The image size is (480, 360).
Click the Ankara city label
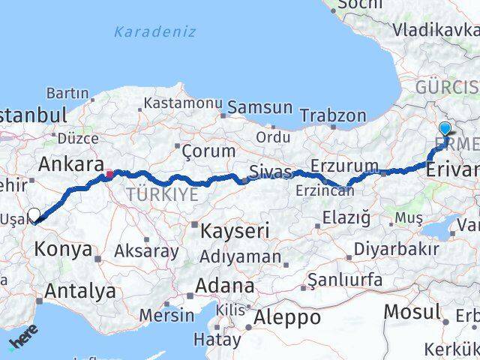point(70,163)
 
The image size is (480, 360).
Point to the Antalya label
point(80,291)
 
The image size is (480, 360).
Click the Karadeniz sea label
point(154,31)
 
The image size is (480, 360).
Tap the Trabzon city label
point(333,115)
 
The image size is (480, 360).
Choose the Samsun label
point(259,107)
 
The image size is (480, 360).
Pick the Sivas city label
point(271,172)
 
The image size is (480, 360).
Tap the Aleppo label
point(286,317)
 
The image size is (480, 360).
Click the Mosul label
point(412,311)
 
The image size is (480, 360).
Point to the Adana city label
point(225,285)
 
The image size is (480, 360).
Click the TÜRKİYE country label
point(162,195)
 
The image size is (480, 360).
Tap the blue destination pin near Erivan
point(445,129)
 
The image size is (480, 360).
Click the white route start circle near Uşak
point(34,214)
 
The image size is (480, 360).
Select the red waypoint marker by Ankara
point(110,174)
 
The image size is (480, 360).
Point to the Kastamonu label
point(184,102)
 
